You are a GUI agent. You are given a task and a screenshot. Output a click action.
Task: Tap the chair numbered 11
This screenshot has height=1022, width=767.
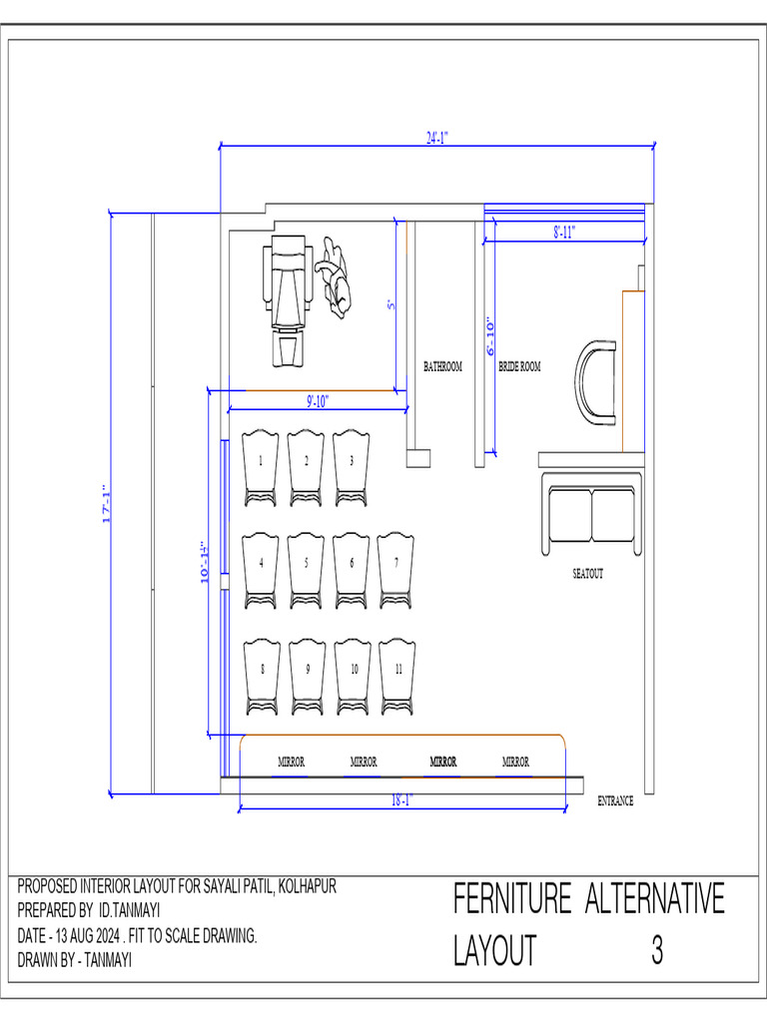[x=398, y=676]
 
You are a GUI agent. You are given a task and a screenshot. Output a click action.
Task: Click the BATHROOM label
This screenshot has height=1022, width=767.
[x=442, y=367]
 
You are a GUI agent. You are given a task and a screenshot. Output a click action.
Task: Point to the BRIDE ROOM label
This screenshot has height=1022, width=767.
[x=519, y=367]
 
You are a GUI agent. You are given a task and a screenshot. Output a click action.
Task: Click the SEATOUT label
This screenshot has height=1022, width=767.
[x=587, y=574]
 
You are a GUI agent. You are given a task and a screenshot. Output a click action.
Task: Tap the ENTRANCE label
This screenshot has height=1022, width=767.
[x=615, y=800]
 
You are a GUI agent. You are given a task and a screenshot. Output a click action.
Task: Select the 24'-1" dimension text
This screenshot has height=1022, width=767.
[x=437, y=139]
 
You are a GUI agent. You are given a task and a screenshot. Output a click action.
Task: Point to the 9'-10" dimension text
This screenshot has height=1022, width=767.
[x=317, y=401]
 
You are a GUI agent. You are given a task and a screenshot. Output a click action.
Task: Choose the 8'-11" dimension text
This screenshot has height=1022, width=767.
[x=564, y=232]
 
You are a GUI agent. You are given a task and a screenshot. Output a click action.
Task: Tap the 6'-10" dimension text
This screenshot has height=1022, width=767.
[x=490, y=337]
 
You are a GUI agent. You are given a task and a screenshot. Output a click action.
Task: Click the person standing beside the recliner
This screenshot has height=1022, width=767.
[x=335, y=276]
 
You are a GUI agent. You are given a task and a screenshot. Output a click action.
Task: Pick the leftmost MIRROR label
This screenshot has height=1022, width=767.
[x=291, y=762]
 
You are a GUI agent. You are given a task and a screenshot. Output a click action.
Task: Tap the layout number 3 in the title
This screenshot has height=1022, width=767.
[x=657, y=951]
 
